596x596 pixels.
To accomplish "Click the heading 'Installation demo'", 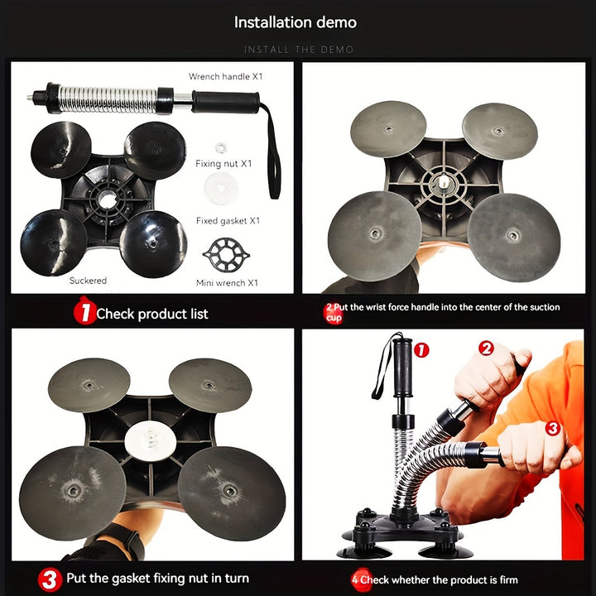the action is (x=296, y=22).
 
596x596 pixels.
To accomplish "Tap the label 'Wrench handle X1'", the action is (x=225, y=76).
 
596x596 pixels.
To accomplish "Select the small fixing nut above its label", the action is (x=221, y=147).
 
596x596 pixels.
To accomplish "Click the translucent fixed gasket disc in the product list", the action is (x=221, y=188).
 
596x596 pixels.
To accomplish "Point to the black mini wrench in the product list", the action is (x=226, y=255).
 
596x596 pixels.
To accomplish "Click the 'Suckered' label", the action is (x=88, y=281).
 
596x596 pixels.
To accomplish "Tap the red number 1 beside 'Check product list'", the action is (x=84, y=312).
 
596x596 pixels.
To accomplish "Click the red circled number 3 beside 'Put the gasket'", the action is (x=50, y=579).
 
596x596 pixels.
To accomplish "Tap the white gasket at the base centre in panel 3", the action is (x=151, y=441).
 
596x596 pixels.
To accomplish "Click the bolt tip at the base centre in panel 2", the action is (x=443, y=181).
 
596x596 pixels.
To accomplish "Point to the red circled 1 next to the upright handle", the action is (x=421, y=350).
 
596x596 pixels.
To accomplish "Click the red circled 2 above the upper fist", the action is (x=486, y=348).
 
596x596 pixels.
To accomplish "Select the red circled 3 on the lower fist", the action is (x=553, y=429).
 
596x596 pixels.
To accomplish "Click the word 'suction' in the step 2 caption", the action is (x=545, y=307).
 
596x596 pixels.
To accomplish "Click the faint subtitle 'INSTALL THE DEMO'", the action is (x=299, y=50).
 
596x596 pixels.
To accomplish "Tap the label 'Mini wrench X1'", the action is (x=227, y=283).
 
